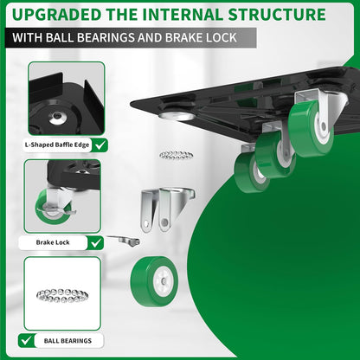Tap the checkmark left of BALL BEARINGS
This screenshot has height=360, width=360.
point(29,340)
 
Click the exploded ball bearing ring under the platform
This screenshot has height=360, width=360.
point(177,155)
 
